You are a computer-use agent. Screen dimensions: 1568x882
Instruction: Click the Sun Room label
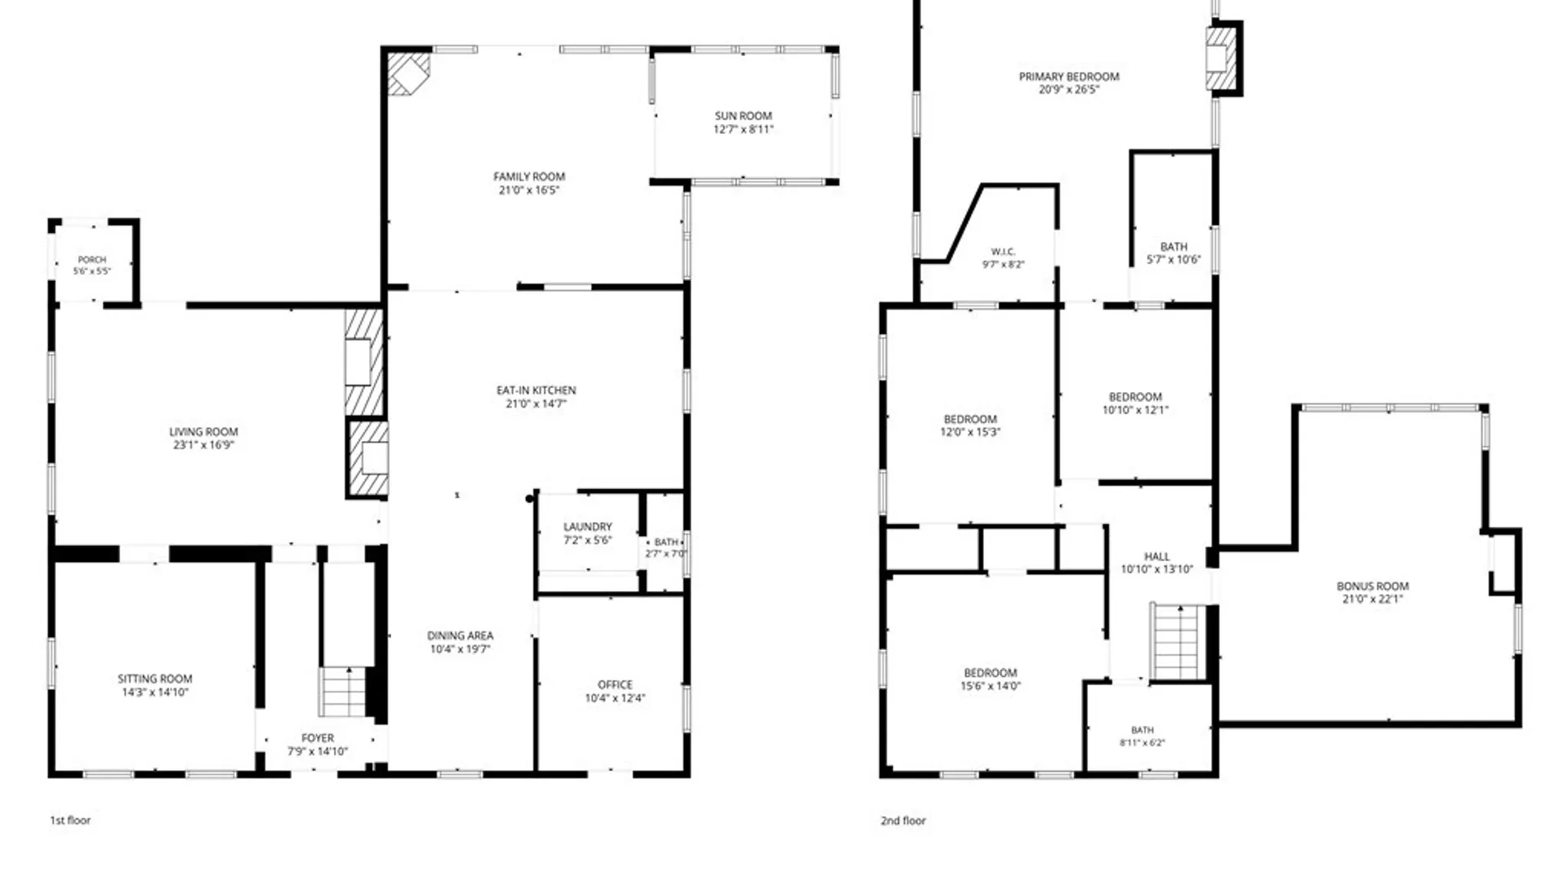pyautogui.click(x=743, y=116)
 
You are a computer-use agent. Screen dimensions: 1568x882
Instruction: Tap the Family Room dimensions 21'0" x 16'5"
pyautogui.click(x=529, y=190)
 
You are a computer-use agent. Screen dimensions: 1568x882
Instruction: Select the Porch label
pyautogui.click(x=92, y=260)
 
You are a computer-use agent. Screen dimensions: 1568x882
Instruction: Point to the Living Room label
pyautogui.click(x=203, y=431)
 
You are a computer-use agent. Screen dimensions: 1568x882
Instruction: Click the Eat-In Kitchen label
pyautogui.click(x=536, y=390)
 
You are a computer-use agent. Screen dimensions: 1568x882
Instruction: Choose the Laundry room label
pyautogui.click(x=587, y=527)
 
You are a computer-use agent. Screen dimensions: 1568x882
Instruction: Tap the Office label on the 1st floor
pyautogui.click(x=615, y=684)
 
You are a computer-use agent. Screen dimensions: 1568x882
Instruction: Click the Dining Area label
pyautogui.click(x=460, y=635)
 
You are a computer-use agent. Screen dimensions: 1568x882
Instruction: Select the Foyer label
pyautogui.click(x=318, y=737)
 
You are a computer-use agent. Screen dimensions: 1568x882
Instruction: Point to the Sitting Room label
pyautogui.click(x=155, y=679)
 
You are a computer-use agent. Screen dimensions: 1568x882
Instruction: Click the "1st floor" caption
pyautogui.click(x=70, y=820)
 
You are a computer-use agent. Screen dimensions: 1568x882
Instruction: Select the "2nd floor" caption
pyautogui.click(x=903, y=820)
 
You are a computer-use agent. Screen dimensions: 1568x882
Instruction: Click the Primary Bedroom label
pyautogui.click(x=1069, y=77)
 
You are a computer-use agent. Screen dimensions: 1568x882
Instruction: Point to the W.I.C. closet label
pyautogui.click(x=1003, y=252)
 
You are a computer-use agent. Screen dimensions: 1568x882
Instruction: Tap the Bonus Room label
pyautogui.click(x=1373, y=586)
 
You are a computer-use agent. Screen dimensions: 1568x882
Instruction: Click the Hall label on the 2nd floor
pyautogui.click(x=1156, y=556)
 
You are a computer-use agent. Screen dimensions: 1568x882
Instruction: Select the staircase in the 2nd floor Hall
pyautogui.click(x=1178, y=642)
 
